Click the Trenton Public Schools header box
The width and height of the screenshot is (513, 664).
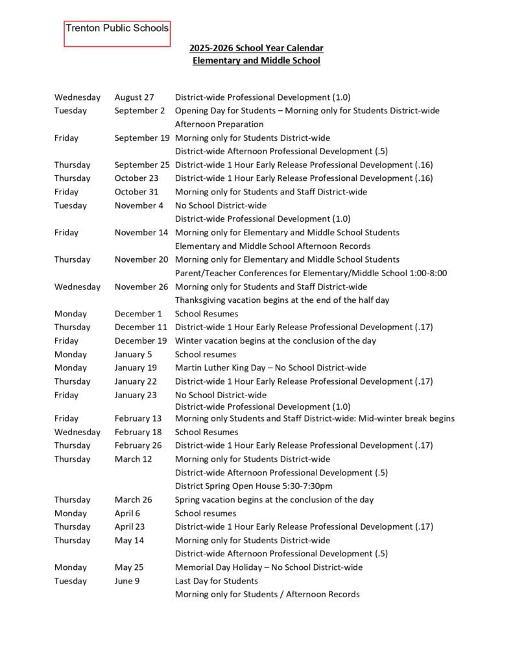pyautogui.click(x=117, y=33)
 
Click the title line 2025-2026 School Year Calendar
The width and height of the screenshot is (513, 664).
pyautogui.click(x=256, y=48)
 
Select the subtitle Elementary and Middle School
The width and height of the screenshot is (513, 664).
pyautogui.click(x=256, y=61)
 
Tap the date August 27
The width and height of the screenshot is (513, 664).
pyautogui.click(x=134, y=97)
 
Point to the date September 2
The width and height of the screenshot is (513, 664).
pyautogui.click(x=139, y=111)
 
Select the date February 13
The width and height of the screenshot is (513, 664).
pyautogui.click(x=138, y=419)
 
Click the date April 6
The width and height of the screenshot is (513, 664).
pyautogui.click(x=127, y=514)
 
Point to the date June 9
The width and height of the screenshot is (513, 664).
pyautogui.click(x=127, y=581)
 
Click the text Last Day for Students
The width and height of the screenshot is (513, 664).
pyautogui.click(x=216, y=581)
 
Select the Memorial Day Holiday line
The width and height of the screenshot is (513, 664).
pyautogui.click(x=268, y=567)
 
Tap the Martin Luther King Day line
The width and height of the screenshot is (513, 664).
pyautogui.click(x=270, y=368)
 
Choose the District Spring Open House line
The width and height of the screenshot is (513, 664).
pyautogui.click(x=254, y=486)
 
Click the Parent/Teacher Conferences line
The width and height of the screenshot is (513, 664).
pyautogui.click(x=311, y=273)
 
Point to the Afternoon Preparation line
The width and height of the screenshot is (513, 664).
pyautogui.click(x=219, y=124)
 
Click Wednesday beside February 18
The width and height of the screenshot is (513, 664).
pyautogui.click(x=77, y=433)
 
